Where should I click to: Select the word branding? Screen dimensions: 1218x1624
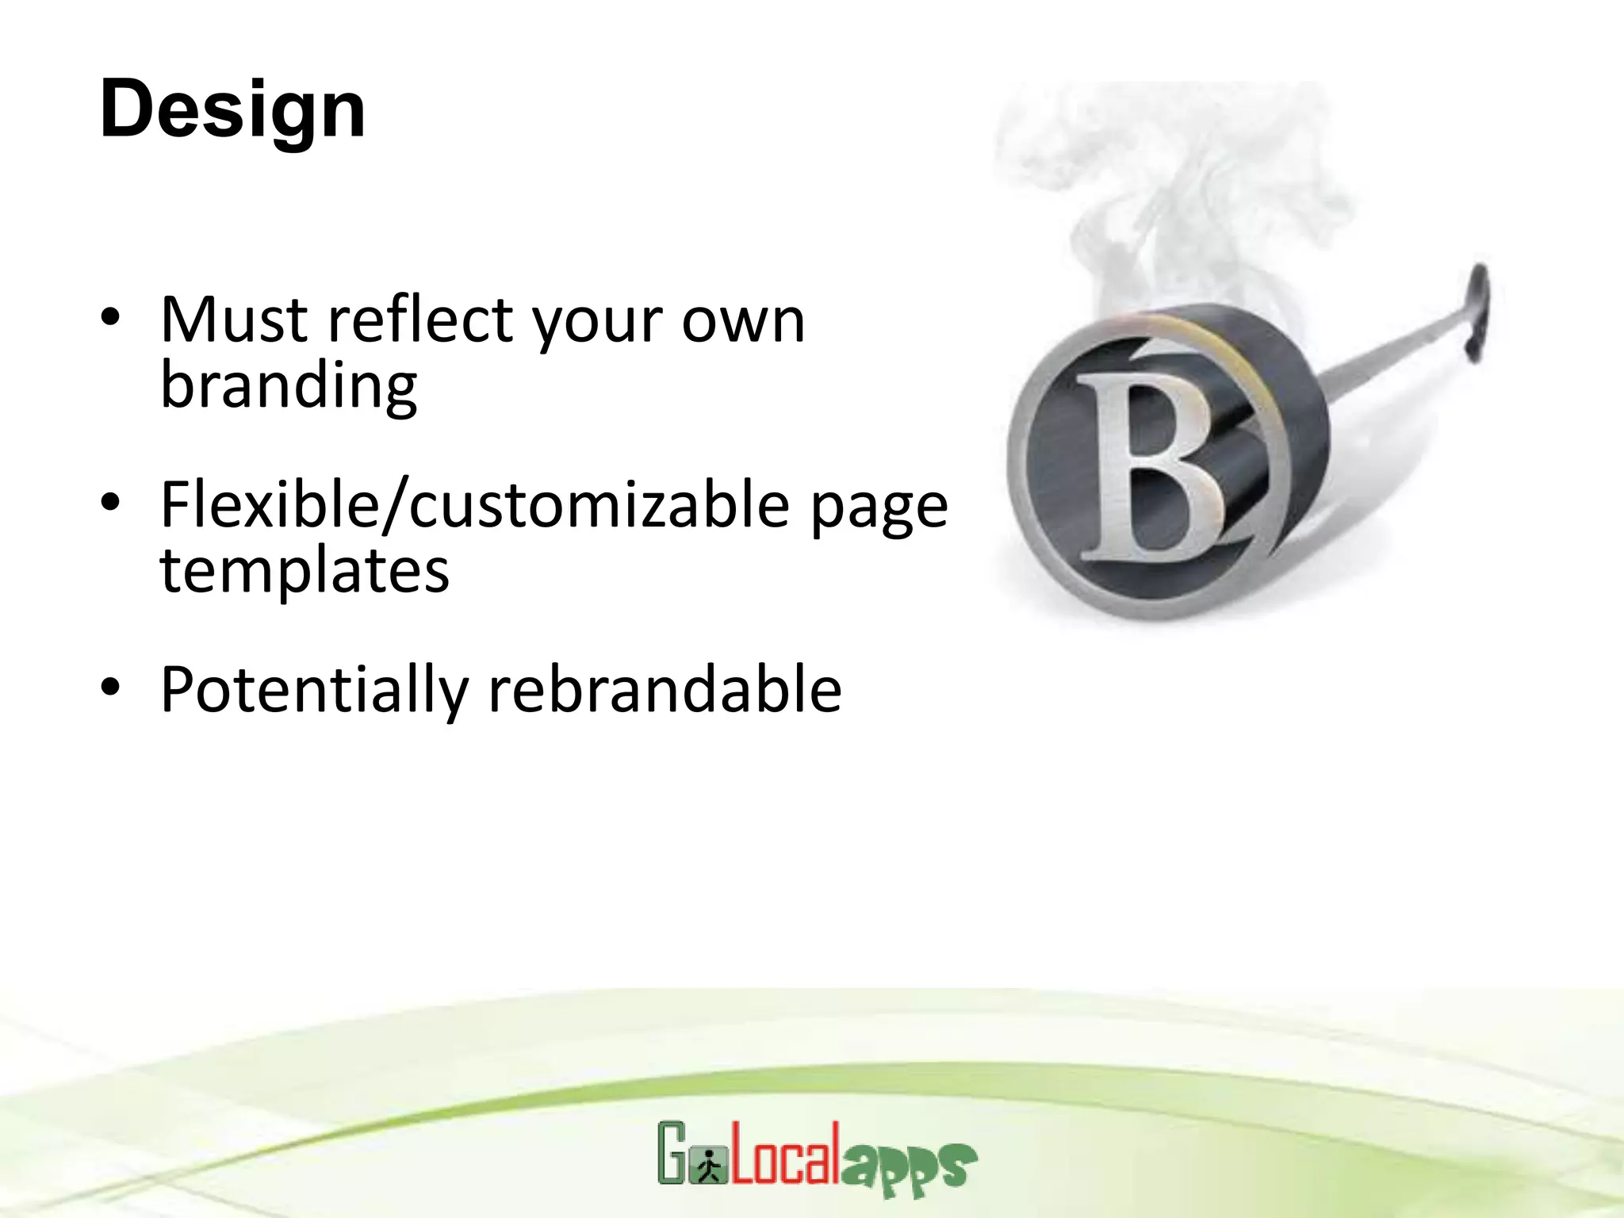pos(289,386)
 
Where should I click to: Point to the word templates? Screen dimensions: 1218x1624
pos(304,571)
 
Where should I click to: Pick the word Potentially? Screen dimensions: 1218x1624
pos(315,690)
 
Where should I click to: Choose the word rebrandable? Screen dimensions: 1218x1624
pos(665,690)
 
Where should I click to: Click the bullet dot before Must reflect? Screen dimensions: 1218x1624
pos(110,317)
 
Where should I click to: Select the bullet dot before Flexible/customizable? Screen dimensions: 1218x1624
pos(110,502)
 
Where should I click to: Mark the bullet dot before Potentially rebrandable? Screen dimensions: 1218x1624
pos(110,687)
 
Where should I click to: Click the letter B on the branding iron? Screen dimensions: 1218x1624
pos(1150,468)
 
